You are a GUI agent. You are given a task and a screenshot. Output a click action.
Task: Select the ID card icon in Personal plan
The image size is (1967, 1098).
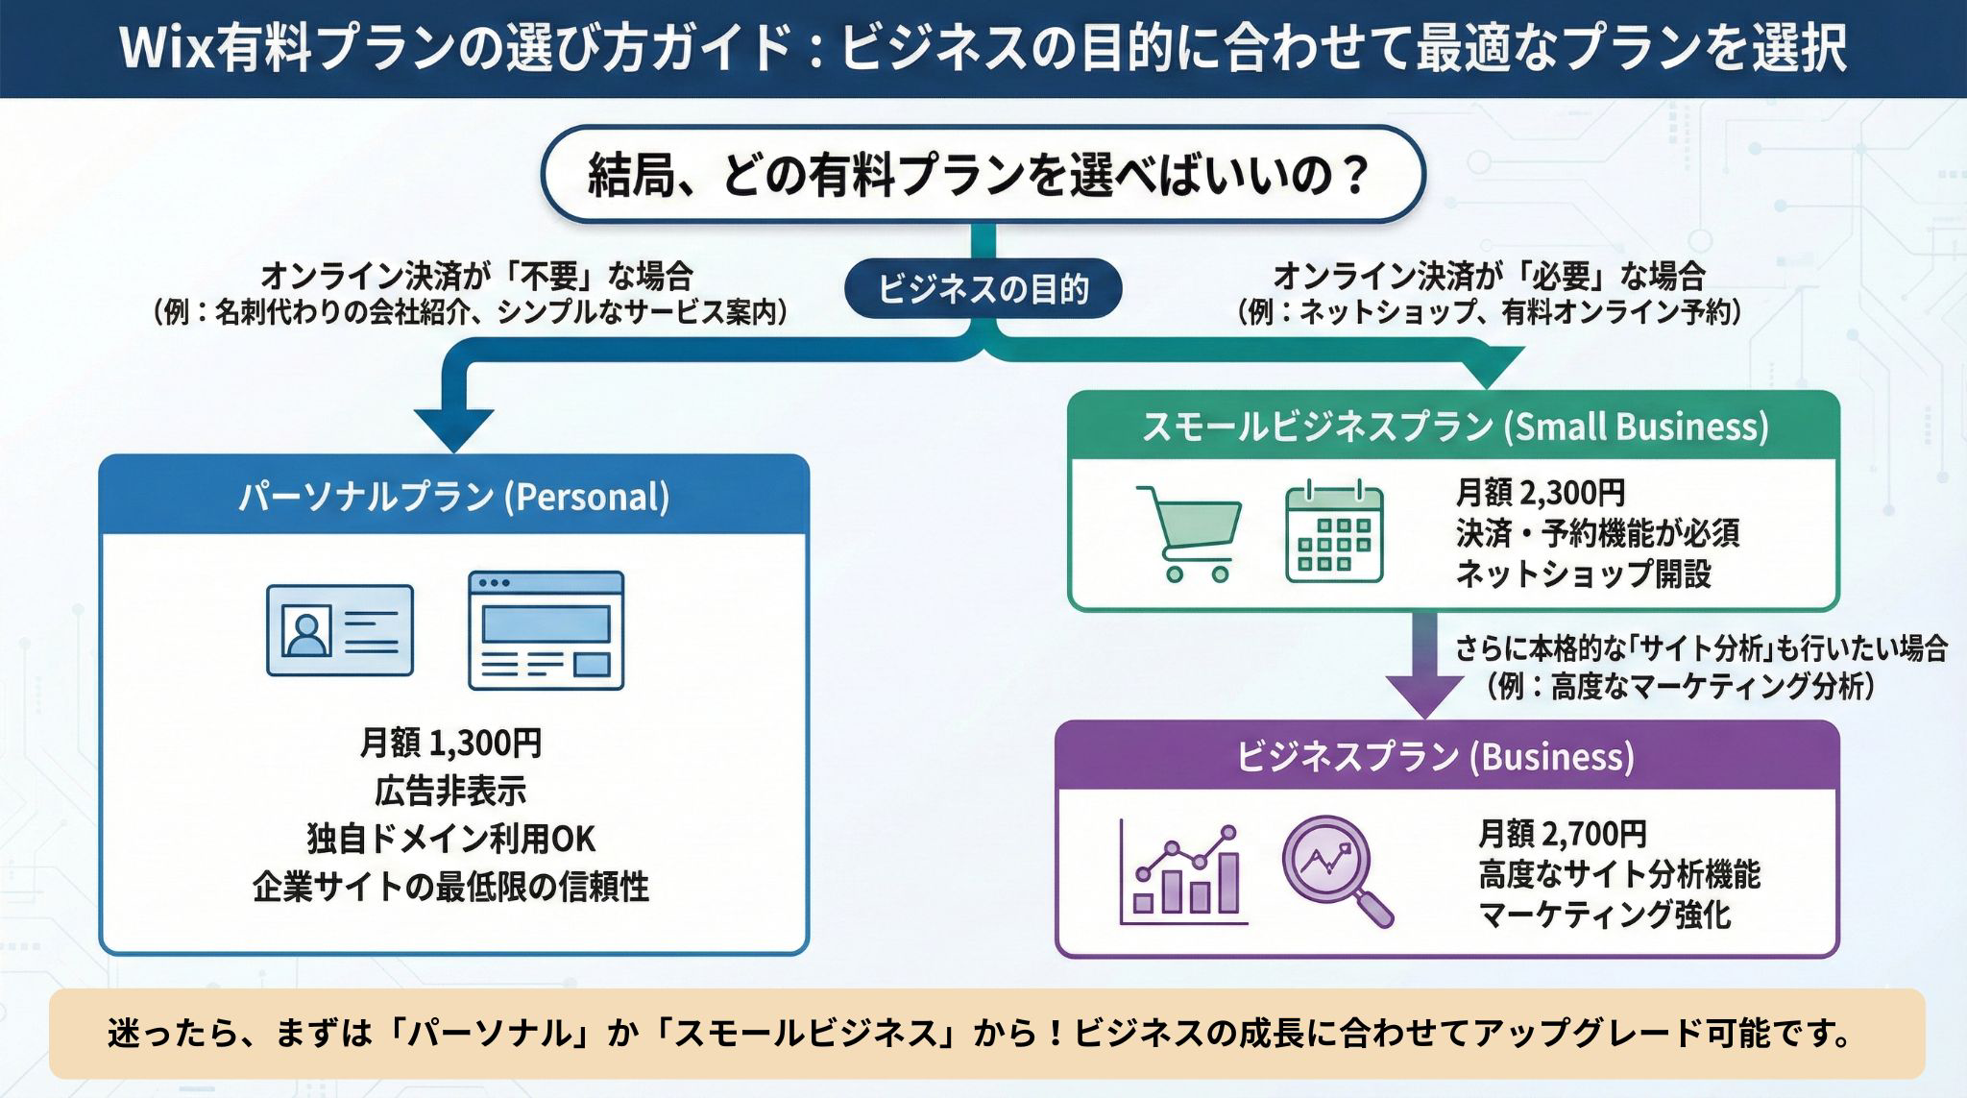pos(340,630)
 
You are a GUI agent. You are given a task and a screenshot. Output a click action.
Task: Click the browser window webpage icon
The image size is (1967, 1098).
pos(546,630)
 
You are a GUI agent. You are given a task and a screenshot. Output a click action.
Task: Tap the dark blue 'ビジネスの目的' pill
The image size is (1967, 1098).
pos(983,288)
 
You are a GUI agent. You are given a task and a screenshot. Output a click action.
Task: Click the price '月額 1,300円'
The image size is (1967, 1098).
pos(450,743)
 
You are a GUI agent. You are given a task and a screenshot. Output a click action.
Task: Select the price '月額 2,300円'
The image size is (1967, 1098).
pos(1540,493)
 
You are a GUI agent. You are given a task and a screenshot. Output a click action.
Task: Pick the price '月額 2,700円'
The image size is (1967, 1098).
pos(1562,833)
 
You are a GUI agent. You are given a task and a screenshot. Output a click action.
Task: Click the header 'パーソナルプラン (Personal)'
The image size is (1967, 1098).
pos(453,497)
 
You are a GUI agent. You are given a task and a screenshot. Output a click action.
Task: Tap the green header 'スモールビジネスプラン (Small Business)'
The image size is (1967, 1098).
pos(1454,427)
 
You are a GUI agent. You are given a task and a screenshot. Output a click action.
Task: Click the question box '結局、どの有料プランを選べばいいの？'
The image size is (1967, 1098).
pos(983,176)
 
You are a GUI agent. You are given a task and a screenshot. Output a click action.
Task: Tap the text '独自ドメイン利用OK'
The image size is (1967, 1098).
pos(450,839)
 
